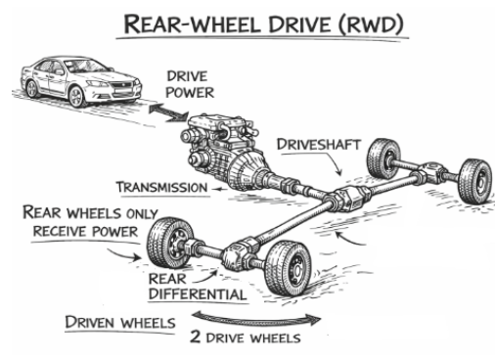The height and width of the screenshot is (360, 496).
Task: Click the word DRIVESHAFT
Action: click(x=318, y=145)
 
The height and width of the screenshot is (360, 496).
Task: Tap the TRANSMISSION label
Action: click(x=162, y=188)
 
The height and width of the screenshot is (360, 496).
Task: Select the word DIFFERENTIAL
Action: click(x=198, y=294)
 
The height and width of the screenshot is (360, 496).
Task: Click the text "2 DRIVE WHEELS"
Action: click(x=245, y=337)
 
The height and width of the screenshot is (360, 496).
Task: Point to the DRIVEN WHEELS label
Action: click(x=120, y=323)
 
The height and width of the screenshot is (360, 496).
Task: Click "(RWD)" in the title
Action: click(x=371, y=24)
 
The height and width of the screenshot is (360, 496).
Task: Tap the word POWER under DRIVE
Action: click(x=190, y=93)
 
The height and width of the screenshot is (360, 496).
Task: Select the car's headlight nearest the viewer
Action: click(x=97, y=84)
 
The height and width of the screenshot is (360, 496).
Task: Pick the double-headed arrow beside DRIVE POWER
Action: click(x=168, y=112)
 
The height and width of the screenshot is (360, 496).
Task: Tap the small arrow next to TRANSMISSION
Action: click(x=219, y=189)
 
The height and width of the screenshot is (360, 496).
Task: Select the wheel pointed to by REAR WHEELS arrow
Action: click(x=168, y=243)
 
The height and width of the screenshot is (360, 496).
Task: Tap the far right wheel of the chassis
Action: click(x=475, y=181)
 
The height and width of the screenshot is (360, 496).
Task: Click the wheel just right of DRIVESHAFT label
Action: click(x=383, y=157)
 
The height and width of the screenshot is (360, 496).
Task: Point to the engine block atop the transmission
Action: click(x=218, y=130)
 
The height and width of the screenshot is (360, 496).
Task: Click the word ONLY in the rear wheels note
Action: click(x=141, y=214)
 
